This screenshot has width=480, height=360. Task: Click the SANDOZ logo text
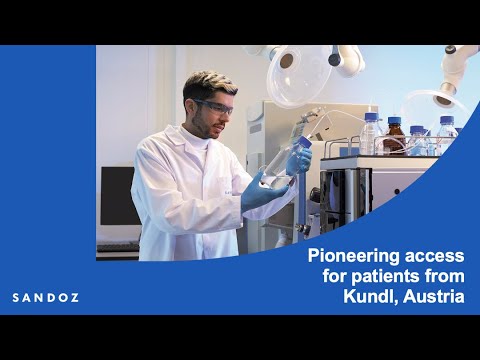tap(45, 297)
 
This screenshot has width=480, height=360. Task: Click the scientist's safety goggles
tap(213, 104)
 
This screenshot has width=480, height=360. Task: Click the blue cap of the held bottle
tap(303, 144)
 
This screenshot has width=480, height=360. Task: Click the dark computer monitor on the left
tap(116, 195)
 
